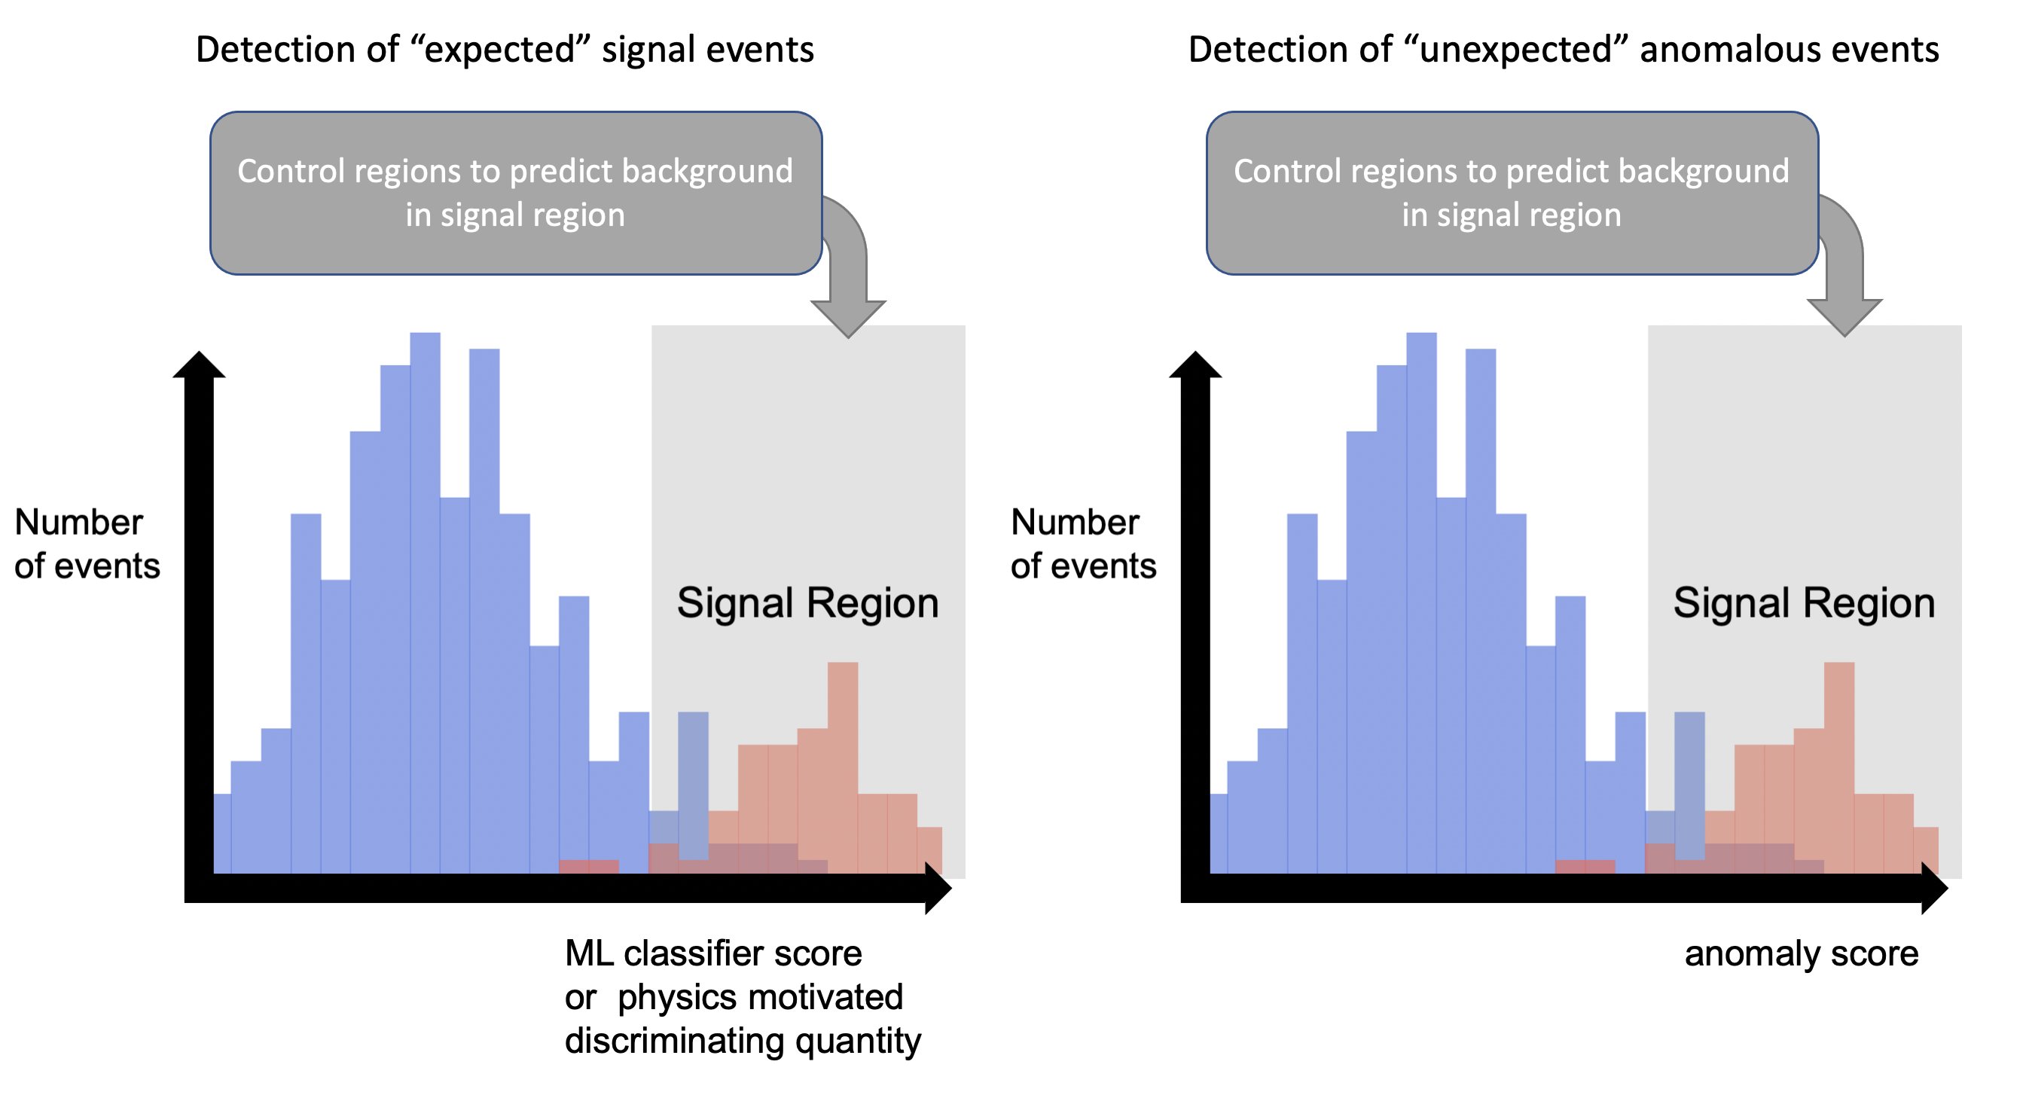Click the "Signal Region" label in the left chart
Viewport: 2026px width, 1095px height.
click(807, 603)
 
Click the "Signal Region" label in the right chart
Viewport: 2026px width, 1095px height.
click(1803, 603)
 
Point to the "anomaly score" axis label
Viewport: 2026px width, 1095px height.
click(1801, 953)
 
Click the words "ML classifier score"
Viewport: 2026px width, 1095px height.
click(713, 953)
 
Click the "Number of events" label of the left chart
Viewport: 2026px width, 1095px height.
click(87, 544)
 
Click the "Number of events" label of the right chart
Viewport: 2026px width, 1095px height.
click(1083, 544)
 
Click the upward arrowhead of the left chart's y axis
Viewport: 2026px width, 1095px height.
click(199, 365)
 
